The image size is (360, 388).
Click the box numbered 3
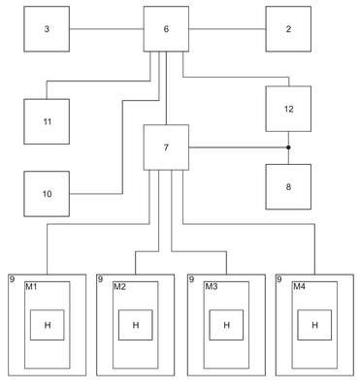click(x=47, y=29)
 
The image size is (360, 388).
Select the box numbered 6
click(x=166, y=29)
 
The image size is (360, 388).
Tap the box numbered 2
click(x=288, y=29)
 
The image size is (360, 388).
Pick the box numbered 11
click(x=47, y=121)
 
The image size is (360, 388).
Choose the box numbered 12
click(x=288, y=109)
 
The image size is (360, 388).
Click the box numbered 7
click(x=166, y=147)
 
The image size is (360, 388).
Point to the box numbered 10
click(x=47, y=194)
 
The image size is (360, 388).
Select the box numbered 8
click(x=288, y=187)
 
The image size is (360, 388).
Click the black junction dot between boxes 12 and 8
click(x=288, y=147)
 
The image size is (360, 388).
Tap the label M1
click(x=31, y=286)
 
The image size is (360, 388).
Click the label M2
click(x=119, y=286)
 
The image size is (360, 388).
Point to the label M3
click(x=212, y=286)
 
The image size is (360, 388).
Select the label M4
click(x=299, y=286)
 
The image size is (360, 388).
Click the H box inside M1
click(x=48, y=325)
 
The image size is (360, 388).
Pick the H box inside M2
click(x=136, y=325)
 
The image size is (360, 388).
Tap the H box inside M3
click(x=226, y=325)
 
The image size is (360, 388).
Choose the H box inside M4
click(x=314, y=325)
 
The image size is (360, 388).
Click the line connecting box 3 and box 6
click(x=107, y=29)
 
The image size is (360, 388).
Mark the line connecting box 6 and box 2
click(x=227, y=29)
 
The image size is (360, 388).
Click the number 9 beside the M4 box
click(x=279, y=279)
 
